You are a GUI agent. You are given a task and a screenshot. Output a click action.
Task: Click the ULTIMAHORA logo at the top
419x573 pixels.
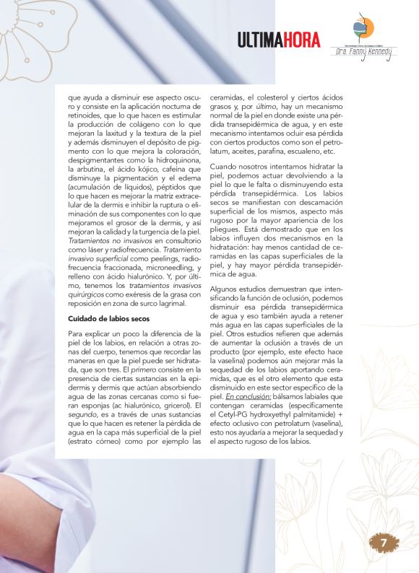(279, 40)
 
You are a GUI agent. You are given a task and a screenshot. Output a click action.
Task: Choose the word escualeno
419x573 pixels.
(304, 152)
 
